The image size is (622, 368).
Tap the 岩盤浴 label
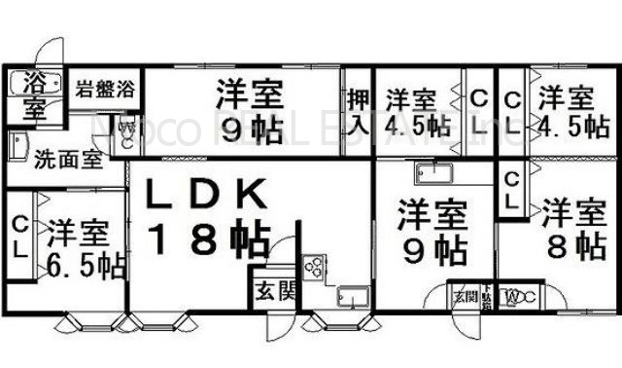click(105, 91)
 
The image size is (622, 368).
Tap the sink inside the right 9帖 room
click(431, 174)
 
